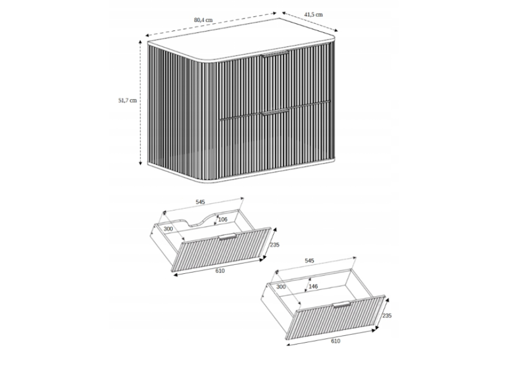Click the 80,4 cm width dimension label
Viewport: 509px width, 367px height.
tap(203, 20)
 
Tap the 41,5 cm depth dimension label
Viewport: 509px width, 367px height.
tap(313, 14)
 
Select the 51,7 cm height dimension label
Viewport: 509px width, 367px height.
tap(127, 101)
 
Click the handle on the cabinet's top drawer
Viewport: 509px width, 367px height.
tap(275, 54)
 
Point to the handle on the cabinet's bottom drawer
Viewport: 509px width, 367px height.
tap(275, 112)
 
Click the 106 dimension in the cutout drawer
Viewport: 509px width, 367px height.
tap(223, 220)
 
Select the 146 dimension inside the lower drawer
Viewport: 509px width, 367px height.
tap(313, 286)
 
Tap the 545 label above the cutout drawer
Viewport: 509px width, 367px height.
tap(200, 202)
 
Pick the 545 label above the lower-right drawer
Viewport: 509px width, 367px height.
tap(309, 260)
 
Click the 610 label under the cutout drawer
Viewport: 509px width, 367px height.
tap(220, 270)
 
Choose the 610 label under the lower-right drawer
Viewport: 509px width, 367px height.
tap(335, 340)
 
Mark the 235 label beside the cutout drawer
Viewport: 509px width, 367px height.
tap(275, 245)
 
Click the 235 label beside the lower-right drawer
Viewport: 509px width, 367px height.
tap(387, 316)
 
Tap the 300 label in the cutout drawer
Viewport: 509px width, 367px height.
tap(168, 229)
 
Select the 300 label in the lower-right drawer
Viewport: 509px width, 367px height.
tap(281, 287)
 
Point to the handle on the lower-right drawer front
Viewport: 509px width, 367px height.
tap(342, 304)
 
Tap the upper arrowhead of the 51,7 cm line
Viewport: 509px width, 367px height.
tap(140, 42)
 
